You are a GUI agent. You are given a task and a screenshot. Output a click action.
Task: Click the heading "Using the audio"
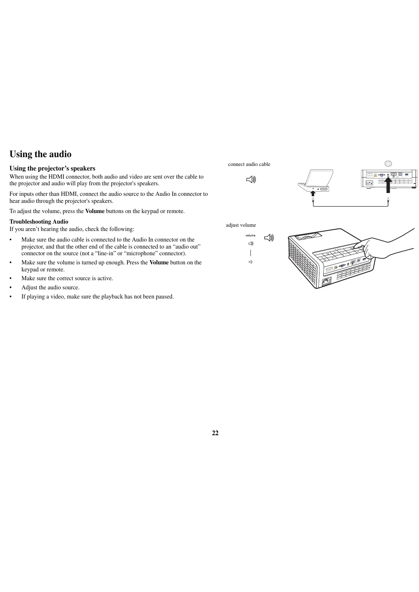point(40,154)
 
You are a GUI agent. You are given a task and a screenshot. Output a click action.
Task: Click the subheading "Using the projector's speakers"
point(52,168)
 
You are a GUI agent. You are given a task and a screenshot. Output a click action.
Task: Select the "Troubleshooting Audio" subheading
point(39,221)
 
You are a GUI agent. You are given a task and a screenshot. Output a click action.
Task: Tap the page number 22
point(215,433)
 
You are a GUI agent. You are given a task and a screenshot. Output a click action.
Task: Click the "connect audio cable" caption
point(249,164)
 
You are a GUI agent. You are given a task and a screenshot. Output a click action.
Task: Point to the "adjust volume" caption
point(241,225)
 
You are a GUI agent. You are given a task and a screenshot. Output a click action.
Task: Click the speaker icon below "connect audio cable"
point(251,180)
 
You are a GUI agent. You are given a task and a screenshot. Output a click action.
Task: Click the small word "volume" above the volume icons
point(250,235)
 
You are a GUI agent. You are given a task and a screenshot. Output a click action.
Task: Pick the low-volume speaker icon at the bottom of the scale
point(250,262)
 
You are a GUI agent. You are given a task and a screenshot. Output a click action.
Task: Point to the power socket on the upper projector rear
point(369,182)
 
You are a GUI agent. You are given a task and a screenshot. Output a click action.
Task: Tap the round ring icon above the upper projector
point(388,163)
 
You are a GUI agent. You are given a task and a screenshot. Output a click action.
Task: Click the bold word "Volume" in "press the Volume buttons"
point(95,211)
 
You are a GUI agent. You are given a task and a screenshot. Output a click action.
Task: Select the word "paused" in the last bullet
point(165,297)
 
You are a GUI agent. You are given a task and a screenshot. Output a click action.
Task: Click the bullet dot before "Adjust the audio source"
point(11,288)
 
